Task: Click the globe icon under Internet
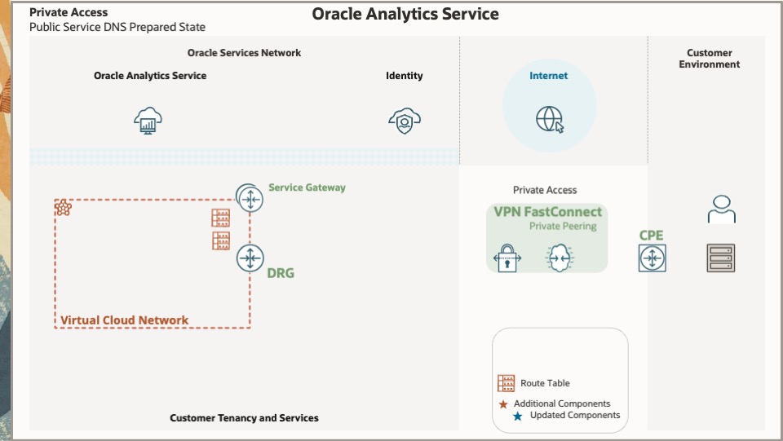click(550, 119)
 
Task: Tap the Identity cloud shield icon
click(405, 121)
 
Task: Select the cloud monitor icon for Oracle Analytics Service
click(148, 121)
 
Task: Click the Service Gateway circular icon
click(250, 196)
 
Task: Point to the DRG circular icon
click(250, 258)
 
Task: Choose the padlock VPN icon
click(507, 258)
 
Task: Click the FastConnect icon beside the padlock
click(559, 258)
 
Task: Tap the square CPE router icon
click(652, 259)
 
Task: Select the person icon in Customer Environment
click(721, 209)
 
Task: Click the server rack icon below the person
click(721, 258)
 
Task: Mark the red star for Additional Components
click(503, 404)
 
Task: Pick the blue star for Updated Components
click(518, 416)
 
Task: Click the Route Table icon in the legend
click(507, 383)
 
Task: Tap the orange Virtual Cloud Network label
click(124, 320)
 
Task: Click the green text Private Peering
click(563, 227)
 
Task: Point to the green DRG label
click(281, 273)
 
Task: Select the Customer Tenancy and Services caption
click(244, 418)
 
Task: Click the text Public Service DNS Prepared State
click(117, 27)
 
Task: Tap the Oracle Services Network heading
click(244, 53)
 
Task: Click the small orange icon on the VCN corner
click(63, 208)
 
